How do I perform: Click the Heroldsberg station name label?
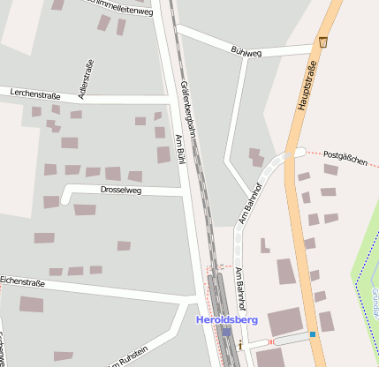(x=226, y=319)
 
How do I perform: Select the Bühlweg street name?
(x=246, y=52)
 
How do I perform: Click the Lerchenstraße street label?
(x=35, y=93)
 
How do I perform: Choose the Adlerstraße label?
(x=86, y=76)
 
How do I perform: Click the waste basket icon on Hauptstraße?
(x=323, y=41)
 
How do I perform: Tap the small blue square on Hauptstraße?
(x=313, y=334)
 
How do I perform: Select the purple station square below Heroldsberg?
(x=227, y=332)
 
